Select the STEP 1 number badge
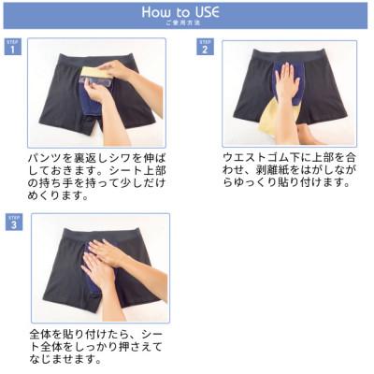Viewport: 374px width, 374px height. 12,48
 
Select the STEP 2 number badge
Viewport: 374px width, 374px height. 204,48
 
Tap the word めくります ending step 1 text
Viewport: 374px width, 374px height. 52,194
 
